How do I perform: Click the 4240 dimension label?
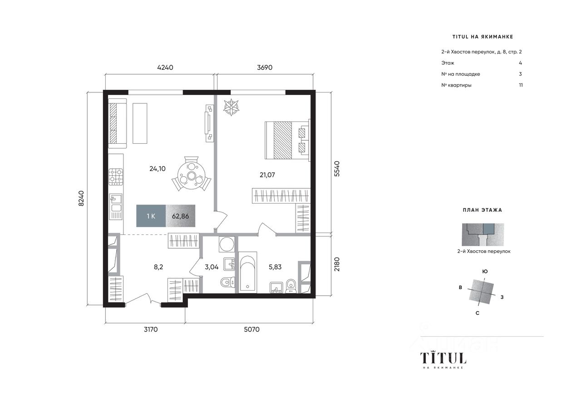tap(165, 68)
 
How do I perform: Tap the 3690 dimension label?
tap(265, 68)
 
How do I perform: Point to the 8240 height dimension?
tap(81, 199)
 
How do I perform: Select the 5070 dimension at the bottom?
tap(251, 330)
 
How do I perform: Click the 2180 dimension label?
tap(337, 264)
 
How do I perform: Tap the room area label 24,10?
tap(158, 169)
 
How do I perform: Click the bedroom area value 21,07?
tap(267, 175)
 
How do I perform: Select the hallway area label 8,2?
tap(158, 267)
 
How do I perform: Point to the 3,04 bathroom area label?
tap(212, 267)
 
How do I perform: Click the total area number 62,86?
tap(180, 216)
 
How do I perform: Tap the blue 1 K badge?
tap(151, 216)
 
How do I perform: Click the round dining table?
tap(192, 175)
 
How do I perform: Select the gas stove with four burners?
tap(116, 177)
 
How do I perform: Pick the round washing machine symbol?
tap(227, 244)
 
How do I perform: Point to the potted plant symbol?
tap(231, 107)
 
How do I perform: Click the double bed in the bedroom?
tap(287, 140)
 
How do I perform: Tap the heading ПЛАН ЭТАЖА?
tap(483, 210)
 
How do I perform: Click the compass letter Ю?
tap(485, 271)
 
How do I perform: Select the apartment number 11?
tap(521, 85)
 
